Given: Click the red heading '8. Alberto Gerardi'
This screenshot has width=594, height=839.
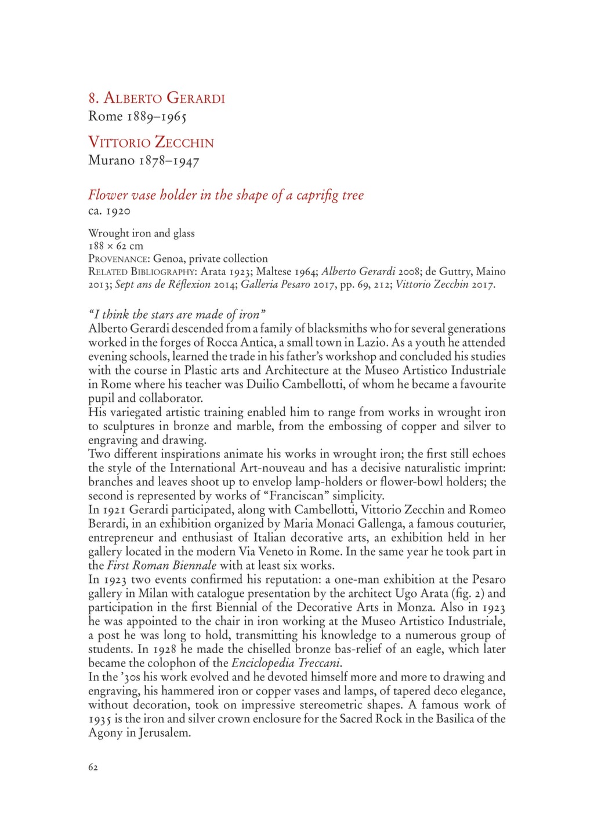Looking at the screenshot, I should pos(156,98).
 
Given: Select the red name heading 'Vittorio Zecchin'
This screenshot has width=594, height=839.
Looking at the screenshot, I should pos(151,142).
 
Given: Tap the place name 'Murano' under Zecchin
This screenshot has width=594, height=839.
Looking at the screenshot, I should pos(111,160).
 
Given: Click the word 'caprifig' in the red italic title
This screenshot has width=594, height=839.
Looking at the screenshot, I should pos(317,195).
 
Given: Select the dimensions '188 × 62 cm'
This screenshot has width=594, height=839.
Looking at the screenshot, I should pos(115,246).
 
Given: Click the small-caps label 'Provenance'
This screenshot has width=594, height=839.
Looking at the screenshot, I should pos(119,259).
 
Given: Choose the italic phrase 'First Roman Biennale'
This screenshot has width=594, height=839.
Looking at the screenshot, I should pos(162,566).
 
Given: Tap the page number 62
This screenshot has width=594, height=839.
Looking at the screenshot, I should pos(93,767).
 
